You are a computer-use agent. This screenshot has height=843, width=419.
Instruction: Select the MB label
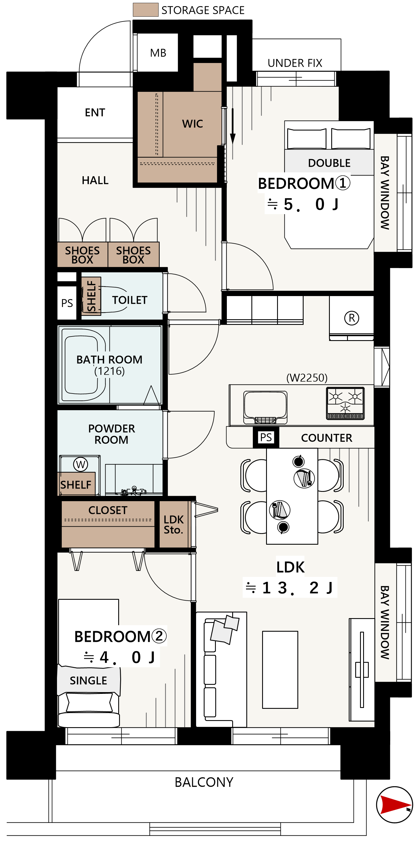click(x=158, y=53)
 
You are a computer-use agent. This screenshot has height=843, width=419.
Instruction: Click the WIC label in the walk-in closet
click(x=192, y=124)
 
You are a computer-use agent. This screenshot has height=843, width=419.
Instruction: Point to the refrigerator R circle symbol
click(x=352, y=318)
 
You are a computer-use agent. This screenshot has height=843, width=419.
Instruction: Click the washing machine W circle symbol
click(x=80, y=464)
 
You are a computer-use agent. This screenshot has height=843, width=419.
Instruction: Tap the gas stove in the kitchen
click(x=345, y=403)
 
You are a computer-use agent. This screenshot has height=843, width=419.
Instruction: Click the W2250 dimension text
click(x=307, y=378)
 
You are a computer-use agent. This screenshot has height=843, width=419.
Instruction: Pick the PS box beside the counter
click(x=266, y=437)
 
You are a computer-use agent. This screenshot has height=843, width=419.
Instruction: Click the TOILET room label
click(x=130, y=300)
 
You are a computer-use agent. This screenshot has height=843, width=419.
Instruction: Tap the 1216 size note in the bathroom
click(x=109, y=371)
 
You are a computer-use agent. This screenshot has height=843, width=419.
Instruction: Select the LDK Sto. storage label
click(x=174, y=525)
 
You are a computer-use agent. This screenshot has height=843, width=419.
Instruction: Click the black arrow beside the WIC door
click(x=233, y=126)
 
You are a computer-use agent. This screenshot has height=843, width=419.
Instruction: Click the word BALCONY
click(x=204, y=783)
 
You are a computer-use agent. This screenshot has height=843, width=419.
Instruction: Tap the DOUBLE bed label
click(x=329, y=163)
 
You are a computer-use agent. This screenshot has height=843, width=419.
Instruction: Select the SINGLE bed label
click(x=88, y=681)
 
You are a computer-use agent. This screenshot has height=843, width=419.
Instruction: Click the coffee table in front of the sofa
click(x=280, y=670)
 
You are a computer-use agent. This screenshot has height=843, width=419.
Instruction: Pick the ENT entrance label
click(x=95, y=112)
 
